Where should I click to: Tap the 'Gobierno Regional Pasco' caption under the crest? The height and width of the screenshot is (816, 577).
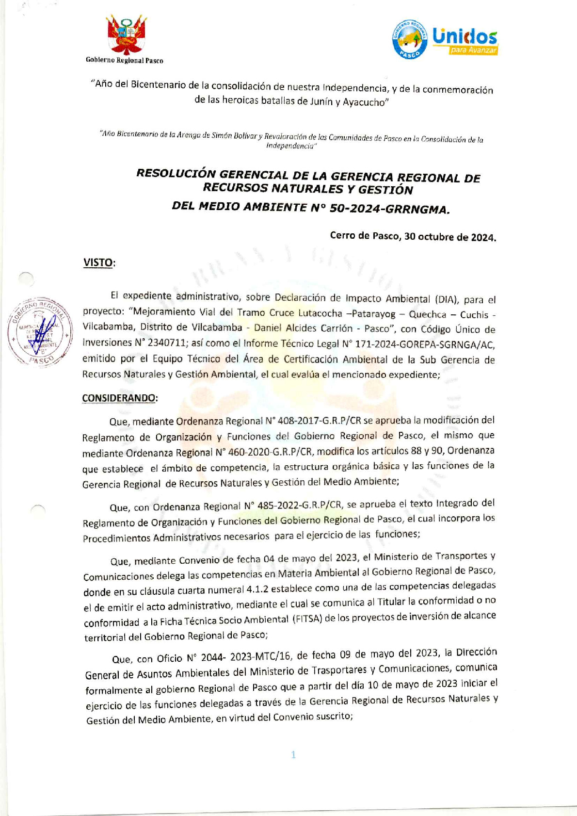(x=125, y=61)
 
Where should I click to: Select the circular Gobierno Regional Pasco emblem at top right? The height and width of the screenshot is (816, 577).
(x=410, y=40)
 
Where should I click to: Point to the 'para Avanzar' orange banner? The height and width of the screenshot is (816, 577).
(x=473, y=50)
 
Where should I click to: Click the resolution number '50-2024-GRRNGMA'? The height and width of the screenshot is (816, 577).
(x=389, y=209)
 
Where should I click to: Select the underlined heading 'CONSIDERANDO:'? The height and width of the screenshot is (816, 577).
(x=120, y=398)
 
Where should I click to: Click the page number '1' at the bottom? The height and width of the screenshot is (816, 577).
(x=293, y=754)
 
